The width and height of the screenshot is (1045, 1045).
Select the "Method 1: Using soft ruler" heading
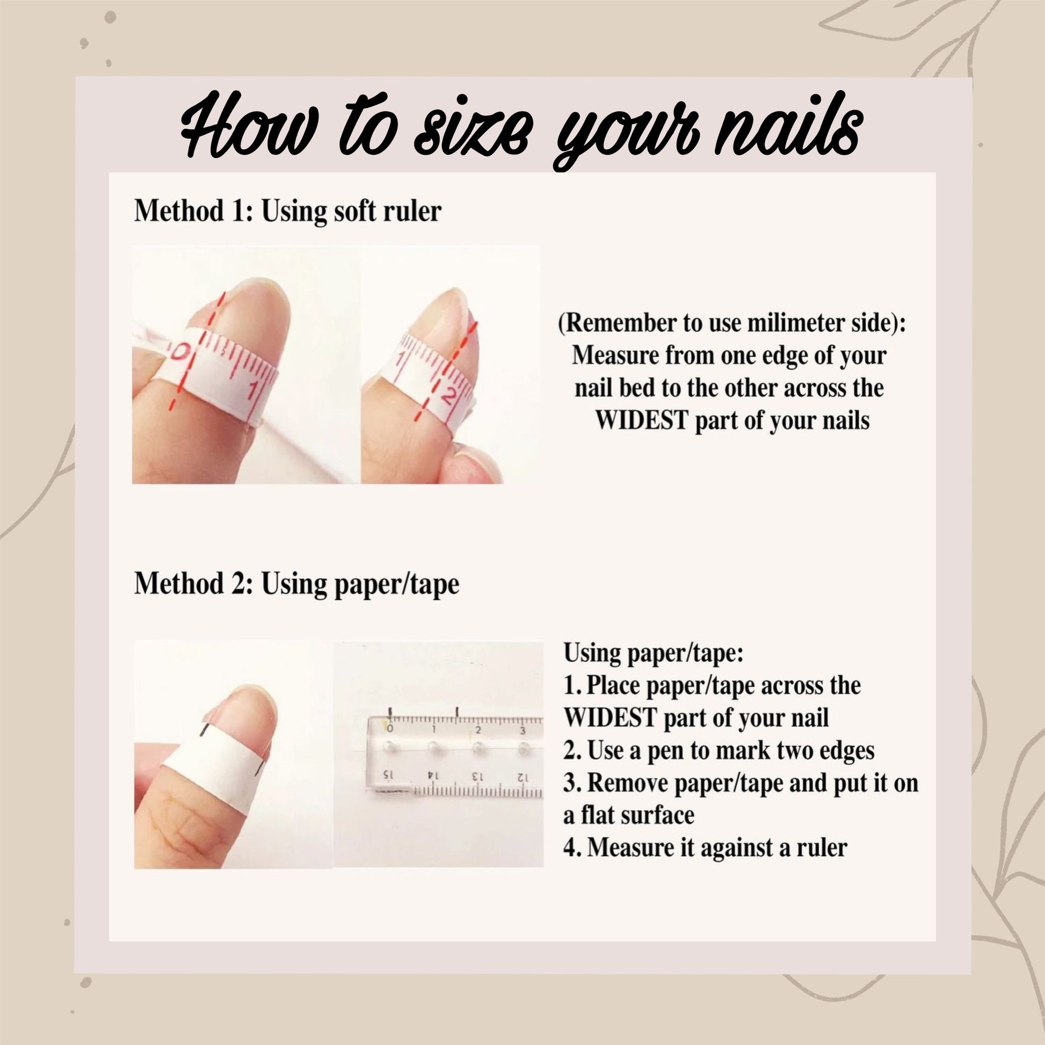tap(288, 211)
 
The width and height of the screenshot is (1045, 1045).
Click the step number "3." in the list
tap(573, 783)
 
